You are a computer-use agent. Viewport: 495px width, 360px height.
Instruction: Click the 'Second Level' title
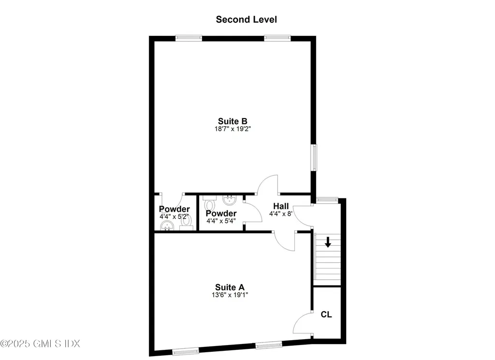246,19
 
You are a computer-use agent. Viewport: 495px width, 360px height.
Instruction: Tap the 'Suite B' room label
233,121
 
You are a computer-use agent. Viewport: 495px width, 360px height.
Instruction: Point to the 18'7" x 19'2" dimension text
233,129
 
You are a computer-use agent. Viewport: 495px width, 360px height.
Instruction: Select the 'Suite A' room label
230,287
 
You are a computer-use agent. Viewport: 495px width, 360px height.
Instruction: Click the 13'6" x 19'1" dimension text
230,295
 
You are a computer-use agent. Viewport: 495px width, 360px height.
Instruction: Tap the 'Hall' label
281,206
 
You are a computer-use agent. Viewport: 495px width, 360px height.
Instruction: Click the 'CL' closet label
326,315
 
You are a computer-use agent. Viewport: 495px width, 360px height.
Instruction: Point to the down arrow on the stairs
328,242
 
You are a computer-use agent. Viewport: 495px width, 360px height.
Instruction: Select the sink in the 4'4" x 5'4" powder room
229,200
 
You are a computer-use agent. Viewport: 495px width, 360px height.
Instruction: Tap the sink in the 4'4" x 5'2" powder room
167,225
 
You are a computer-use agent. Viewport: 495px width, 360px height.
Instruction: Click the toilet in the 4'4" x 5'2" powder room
187,223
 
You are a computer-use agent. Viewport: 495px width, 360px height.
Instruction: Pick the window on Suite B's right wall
314,158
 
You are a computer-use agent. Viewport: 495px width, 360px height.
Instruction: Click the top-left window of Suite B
189,38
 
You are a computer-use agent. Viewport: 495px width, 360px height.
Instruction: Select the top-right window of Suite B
277,38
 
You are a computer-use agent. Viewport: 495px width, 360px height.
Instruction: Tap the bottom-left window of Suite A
186,351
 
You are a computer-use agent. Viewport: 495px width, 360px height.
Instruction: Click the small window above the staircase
327,200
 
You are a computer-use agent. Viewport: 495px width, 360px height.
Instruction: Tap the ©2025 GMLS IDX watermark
40,344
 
